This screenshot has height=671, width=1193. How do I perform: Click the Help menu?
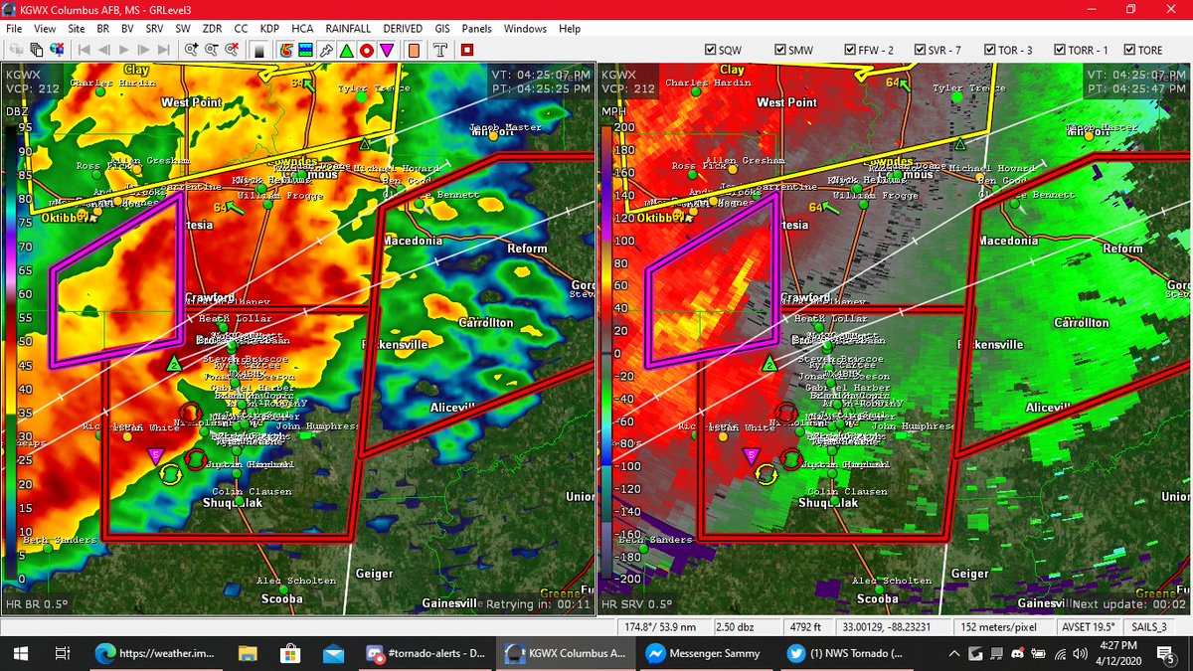point(570,29)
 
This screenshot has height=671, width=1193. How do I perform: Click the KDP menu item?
point(268,29)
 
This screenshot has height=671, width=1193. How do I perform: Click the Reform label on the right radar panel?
point(1122,249)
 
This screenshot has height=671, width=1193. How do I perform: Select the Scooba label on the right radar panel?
point(878,598)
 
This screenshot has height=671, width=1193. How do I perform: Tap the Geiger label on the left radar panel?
point(374,574)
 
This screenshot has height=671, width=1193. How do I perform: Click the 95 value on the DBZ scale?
point(24,127)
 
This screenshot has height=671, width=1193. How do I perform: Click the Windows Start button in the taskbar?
point(18,653)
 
